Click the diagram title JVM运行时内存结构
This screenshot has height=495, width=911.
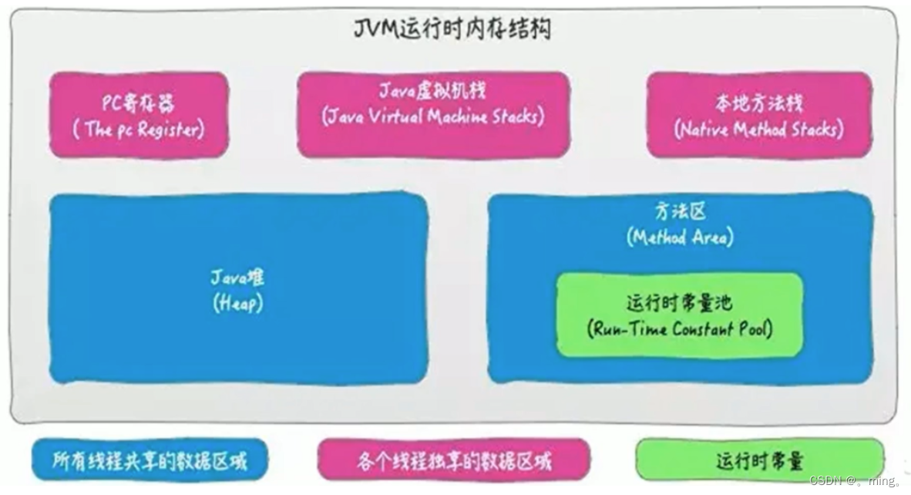click(x=452, y=29)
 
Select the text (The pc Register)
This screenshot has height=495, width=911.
click(x=139, y=130)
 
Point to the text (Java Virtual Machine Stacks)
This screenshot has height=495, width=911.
click(x=433, y=118)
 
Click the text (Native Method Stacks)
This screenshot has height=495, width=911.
click(x=758, y=130)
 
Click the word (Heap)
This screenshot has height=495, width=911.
click(x=237, y=304)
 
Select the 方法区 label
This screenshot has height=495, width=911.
click(x=680, y=211)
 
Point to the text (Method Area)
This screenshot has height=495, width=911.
click(x=680, y=237)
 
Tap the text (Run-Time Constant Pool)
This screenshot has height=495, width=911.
click(x=680, y=330)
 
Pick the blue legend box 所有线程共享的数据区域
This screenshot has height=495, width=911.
click(x=150, y=462)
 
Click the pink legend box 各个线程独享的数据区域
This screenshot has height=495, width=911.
click(x=455, y=462)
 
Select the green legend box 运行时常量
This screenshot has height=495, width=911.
click(x=759, y=462)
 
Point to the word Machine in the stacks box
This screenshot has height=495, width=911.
click(x=467, y=118)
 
